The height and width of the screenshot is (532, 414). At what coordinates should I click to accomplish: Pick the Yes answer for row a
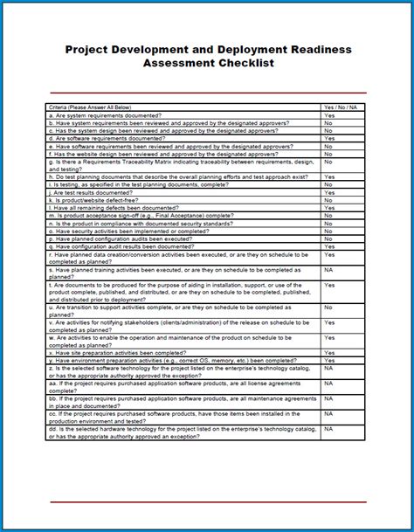(x=329, y=115)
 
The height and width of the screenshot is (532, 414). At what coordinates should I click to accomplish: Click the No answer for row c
(x=328, y=131)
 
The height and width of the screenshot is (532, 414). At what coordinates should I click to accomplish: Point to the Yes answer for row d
(x=329, y=139)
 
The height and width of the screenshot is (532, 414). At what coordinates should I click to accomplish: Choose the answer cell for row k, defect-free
(x=328, y=200)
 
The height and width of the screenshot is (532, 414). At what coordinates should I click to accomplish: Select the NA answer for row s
(x=329, y=270)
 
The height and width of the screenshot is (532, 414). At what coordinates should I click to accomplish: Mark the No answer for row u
(x=328, y=307)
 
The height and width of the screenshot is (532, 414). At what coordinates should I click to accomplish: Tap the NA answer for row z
(x=329, y=369)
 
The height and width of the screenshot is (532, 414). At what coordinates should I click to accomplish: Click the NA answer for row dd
(x=329, y=429)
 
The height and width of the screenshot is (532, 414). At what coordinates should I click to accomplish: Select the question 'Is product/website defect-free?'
(x=96, y=200)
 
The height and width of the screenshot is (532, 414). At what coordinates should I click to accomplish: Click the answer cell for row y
(x=329, y=361)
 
